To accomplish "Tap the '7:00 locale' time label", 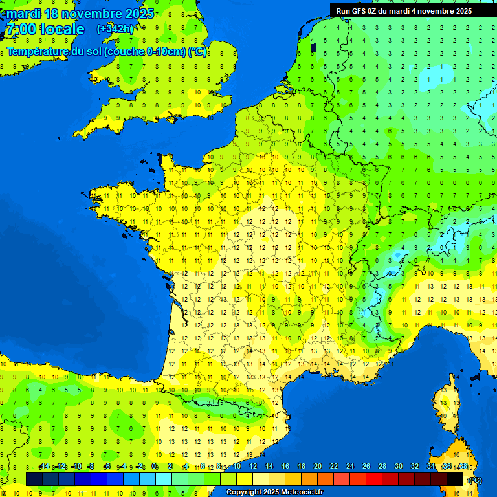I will tap(45, 29).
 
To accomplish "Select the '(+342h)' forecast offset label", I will tap(115, 28).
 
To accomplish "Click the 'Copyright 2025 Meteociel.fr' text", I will tap(274, 492).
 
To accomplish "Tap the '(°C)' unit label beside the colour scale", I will tap(475, 480).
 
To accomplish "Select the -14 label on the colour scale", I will tap(44, 467).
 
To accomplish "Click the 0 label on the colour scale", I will tap(154, 467).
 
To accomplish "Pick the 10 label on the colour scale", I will tap(236, 467).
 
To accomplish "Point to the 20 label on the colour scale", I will tap(317, 467).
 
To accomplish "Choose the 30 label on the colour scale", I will tap(398, 467).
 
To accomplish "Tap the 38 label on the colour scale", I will tap(463, 467).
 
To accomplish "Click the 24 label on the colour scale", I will tap(349, 467).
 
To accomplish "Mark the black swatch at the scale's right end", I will tap(455, 479).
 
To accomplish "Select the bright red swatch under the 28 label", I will tap(374, 479).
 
